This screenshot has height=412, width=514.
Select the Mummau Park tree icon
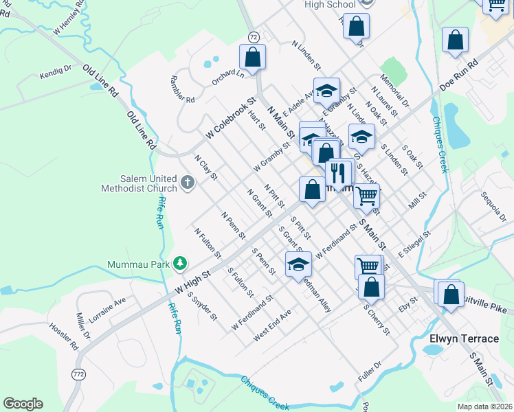click(x=179, y=263)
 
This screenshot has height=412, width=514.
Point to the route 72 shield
click(x=254, y=36)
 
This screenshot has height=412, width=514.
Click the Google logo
click(x=23, y=403)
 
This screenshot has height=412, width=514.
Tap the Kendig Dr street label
click(x=56, y=71)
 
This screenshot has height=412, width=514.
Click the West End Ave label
click(x=272, y=324)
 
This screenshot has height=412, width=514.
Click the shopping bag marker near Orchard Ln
click(x=252, y=57)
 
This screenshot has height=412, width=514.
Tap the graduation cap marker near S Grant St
click(x=298, y=264)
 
